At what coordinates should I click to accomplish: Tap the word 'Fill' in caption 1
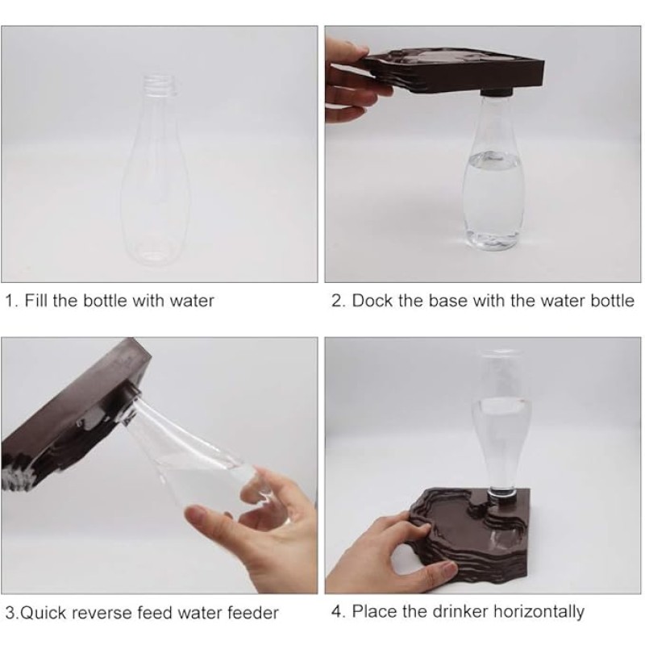(39, 302)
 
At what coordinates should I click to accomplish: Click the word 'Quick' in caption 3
(44, 613)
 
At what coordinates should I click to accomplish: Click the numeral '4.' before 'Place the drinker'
(338, 611)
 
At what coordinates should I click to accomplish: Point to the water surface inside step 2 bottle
(493, 158)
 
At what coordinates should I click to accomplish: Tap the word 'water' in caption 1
(193, 302)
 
